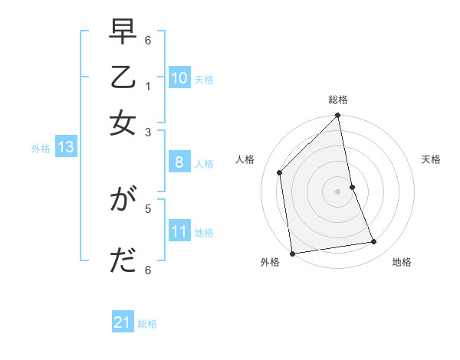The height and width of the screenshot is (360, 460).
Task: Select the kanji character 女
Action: tap(123, 123)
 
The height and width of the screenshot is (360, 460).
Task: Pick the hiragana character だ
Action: tap(123, 261)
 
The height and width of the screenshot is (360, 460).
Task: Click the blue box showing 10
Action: tap(179, 78)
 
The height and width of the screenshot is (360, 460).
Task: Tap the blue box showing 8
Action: tap(179, 162)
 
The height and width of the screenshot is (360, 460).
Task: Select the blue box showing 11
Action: tap(179, 231)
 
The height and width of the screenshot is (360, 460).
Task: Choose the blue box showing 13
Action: tap(65, 148)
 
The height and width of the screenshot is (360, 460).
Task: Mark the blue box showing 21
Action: tap(123, 323)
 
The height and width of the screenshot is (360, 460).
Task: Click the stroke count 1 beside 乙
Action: tap(148, 85)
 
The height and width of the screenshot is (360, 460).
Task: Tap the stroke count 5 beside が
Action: tap(148, 207)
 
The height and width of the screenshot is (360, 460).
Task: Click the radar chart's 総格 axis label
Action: tap(338, 100)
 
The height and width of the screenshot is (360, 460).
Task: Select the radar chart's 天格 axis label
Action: tap(431, 160)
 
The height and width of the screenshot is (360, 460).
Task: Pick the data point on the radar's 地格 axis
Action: tap(374, 242)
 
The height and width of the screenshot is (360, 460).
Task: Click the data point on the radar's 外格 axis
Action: tap(292, 253)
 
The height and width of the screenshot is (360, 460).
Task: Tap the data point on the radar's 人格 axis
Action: tap(280, 172)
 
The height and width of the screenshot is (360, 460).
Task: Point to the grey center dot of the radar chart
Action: tap(338, 191)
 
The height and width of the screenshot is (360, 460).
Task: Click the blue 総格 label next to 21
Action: tap(147, 324)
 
